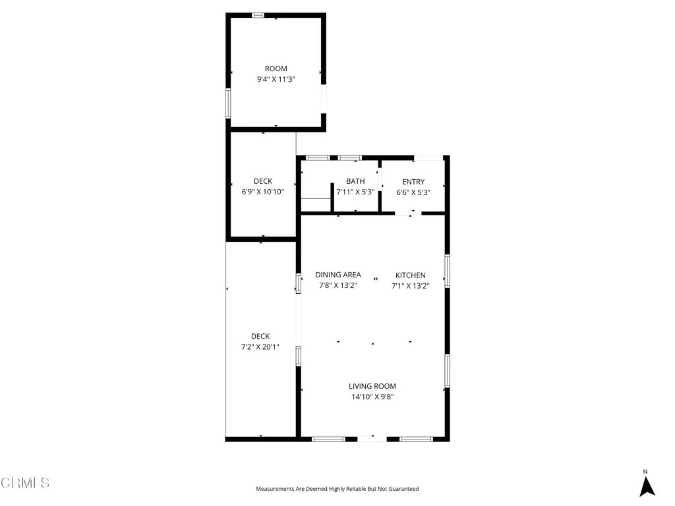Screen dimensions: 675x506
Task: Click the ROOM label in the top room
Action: point(276,69)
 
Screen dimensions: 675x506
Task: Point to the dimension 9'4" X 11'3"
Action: point(276,79)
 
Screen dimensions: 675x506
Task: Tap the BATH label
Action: point(355,182)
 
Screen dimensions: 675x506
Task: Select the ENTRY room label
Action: point(413,182)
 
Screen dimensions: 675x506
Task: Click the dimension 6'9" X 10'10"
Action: point(263,192)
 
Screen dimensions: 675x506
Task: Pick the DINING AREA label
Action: point(338,275)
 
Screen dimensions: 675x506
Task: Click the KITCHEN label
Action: point(410,275)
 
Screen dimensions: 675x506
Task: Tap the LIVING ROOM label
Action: point(372,386)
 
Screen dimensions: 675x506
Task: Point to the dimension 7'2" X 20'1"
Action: point(260,347)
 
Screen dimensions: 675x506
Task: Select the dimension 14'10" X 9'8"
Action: point(372,397)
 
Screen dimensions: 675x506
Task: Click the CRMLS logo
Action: point(25,483)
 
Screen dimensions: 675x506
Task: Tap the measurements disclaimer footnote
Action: point(337,489)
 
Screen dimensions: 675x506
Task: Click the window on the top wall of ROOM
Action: point(258,16)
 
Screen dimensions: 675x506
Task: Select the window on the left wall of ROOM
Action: point(228,103)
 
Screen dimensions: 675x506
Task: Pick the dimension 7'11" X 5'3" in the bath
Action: point(355,192)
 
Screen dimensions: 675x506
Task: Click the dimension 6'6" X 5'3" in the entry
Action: point(413,193)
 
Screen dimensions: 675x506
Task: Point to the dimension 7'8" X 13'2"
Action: point(338,286)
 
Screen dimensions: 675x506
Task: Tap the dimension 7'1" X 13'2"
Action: point(410,286)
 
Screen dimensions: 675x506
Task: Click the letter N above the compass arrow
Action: point(645,472)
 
